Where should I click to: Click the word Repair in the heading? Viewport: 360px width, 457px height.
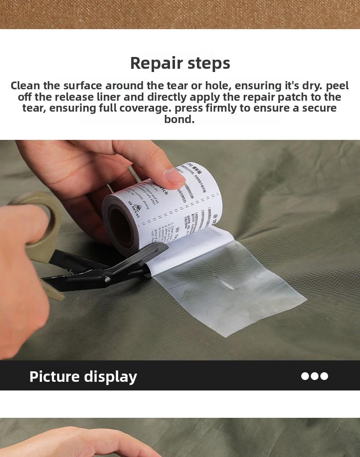[157, 63]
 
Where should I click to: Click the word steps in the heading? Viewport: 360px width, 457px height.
[209, 63]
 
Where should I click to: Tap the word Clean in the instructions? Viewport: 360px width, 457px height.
[26, 86]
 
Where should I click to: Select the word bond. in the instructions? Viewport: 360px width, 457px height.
[180, 119]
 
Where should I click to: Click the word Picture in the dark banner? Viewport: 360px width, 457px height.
[54, 376]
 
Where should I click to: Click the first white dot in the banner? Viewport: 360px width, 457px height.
[305, 376]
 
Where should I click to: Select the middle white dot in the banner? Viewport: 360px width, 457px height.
[315, 376]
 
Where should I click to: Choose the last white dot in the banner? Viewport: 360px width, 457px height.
[324, 376]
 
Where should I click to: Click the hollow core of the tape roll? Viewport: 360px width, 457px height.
[122, 226]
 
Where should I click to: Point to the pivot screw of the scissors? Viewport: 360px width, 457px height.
[108, 278]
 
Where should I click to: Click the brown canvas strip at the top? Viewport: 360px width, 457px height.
[180, 14]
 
